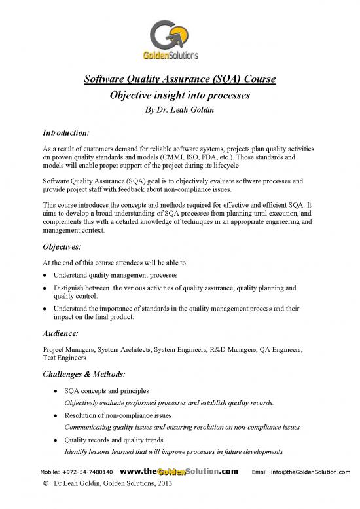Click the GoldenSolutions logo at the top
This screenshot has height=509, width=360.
[x=181, y=39]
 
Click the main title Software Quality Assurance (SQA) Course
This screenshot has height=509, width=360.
[x=180, y=80]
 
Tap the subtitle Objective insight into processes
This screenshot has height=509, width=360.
[x=180, y=96]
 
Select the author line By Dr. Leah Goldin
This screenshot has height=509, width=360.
[x=180, y=109]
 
